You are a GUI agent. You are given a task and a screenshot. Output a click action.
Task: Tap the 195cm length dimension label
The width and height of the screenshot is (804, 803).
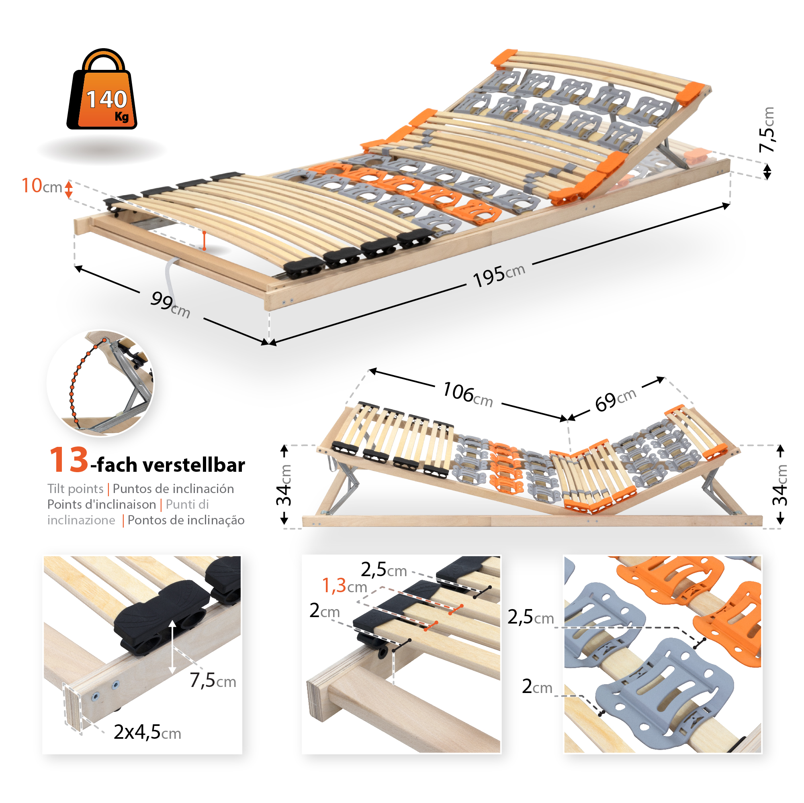coord(499,275)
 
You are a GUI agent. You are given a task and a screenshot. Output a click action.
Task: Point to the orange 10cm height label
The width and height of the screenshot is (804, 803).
coord(42,186)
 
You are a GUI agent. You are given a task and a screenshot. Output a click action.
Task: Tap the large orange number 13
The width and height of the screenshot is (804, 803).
coord(69,460)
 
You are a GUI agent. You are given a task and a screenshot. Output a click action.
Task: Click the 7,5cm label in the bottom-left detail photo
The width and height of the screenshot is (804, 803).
coord(213,681)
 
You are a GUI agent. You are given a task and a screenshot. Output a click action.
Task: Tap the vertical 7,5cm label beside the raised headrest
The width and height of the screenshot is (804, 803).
coord(767,130)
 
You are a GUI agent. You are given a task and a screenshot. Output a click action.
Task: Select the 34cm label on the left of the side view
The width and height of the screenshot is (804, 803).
coord(284,485)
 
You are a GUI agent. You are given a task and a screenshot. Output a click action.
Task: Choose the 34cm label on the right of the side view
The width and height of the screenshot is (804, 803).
coord(780,485)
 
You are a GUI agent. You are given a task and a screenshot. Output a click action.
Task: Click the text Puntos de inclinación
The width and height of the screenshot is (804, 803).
coord(173,489)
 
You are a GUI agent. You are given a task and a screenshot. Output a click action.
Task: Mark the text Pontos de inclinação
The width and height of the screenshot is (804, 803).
coord(186,520)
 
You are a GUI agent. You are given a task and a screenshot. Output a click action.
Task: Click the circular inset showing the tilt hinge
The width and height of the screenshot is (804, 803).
coord(100,383)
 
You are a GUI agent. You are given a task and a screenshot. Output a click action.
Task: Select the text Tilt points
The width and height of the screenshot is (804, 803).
coord(75,489)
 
